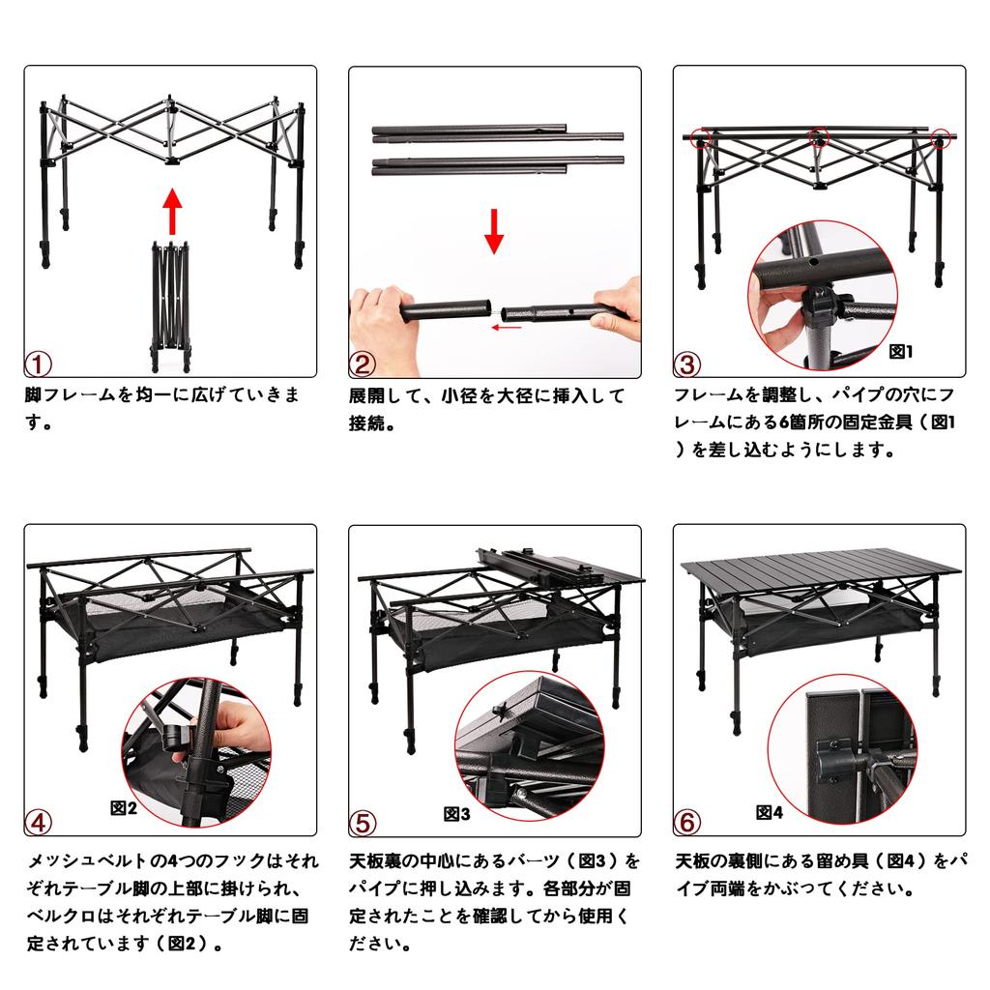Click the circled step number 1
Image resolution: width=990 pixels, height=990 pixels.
pos(38,364)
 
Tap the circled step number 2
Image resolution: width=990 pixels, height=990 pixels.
pos(363,364)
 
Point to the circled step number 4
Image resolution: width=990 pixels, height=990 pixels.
pos(38,823)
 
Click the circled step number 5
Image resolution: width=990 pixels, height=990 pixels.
pos(363,823)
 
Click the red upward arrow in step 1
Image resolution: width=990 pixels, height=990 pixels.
pos(171,212)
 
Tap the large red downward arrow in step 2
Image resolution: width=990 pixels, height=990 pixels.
pos(494,230)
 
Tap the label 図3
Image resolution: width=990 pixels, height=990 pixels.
pos(456,813)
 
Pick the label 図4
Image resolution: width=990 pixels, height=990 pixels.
pos(770,812)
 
